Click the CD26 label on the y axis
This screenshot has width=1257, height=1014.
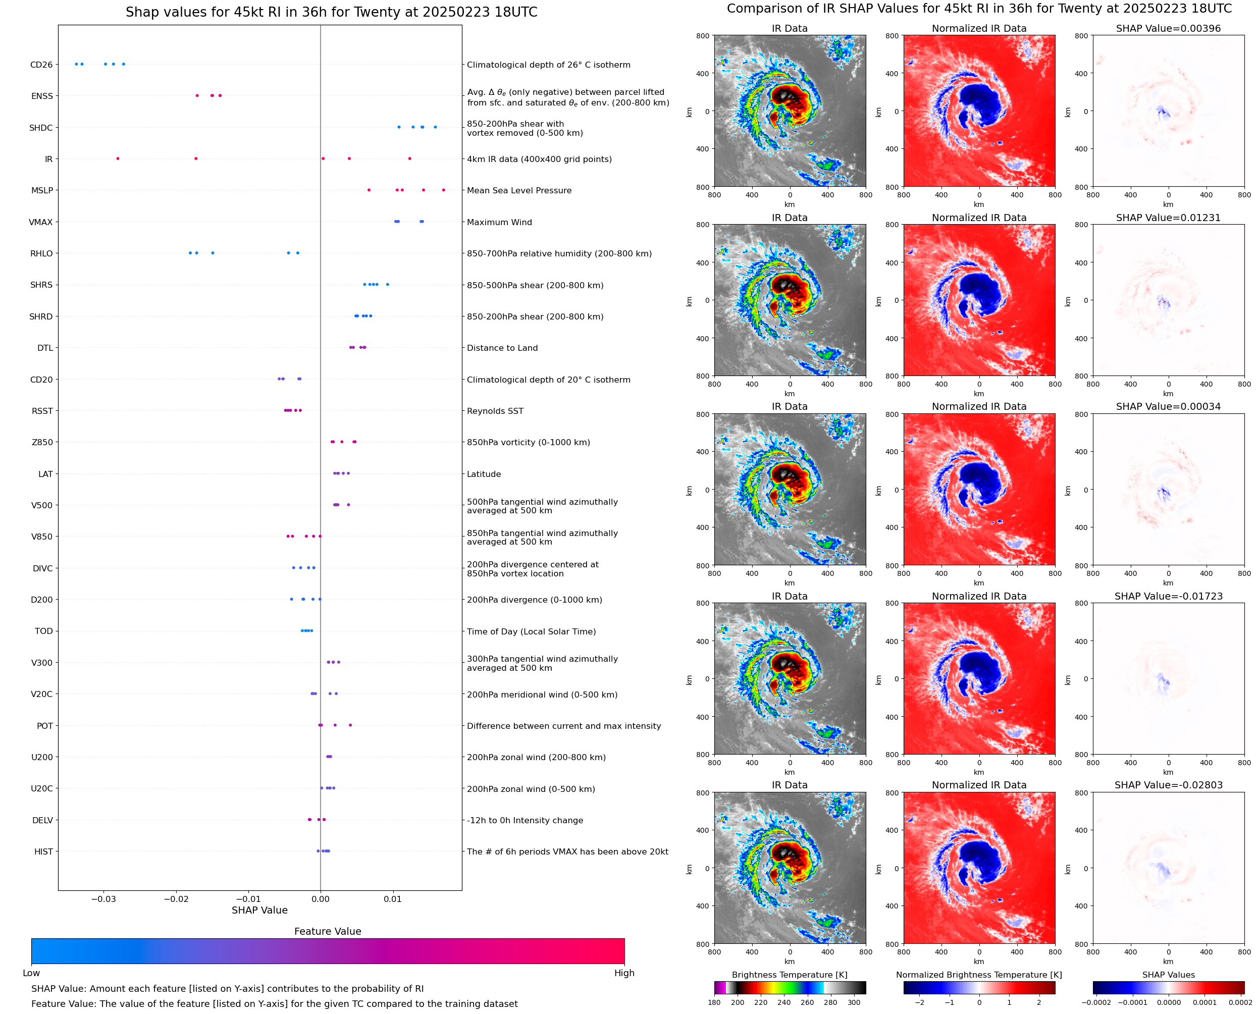(41, 65)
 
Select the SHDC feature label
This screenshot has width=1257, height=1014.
(41, 128)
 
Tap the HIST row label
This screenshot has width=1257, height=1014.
(43, 851)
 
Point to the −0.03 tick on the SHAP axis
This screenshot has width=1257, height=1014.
(104, 899)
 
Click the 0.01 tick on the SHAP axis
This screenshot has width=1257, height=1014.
(393, 899)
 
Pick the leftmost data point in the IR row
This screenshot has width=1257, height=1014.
(118, 159)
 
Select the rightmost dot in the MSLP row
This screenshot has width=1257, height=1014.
(443, 190)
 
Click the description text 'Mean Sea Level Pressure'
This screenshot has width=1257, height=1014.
(518, 190)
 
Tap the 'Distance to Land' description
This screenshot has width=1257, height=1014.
(502, 348)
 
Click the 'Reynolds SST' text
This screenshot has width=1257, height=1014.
(495, 411)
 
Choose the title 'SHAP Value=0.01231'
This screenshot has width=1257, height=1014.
(1168, 218)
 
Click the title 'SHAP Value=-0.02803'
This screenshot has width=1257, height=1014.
(1168, 785)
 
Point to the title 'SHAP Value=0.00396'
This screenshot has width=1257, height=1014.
(1168, 29)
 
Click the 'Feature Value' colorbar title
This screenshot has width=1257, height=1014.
(327, 932)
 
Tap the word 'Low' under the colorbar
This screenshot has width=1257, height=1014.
(31, 973)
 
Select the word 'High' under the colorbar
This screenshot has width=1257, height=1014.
(624, 973)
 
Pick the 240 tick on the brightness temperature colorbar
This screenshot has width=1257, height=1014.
(783, 1002)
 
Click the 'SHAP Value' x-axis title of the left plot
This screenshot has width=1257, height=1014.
(259, 911)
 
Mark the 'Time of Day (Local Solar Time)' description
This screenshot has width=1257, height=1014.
(531, 631)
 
